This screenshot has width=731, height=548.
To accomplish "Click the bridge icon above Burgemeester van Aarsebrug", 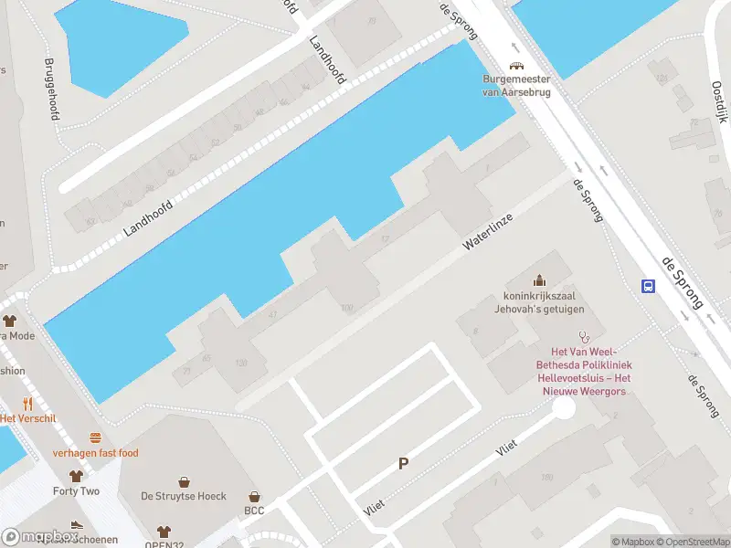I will tap(517, 65).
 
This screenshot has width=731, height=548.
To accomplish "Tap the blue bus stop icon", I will tap(648, 286).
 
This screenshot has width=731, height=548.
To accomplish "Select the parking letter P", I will tap(403, 464).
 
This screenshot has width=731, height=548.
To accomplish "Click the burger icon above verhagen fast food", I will tap(94, 438).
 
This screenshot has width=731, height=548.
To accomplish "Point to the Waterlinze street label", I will tap(489, 233).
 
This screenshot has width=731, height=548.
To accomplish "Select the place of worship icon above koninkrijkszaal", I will tap(540, 280).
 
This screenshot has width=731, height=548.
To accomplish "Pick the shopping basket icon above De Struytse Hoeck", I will tap(184, 481).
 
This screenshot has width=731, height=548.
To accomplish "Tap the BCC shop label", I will tap(254, 511).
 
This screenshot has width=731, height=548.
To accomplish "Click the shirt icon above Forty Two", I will tap(76, 476).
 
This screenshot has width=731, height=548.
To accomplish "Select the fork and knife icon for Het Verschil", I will tap(27, 404).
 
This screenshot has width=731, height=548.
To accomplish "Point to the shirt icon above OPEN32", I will tap(164, 531).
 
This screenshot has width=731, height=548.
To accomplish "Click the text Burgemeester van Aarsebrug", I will tap(517, 85).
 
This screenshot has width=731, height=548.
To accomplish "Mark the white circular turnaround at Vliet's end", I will tap(564, 407).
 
